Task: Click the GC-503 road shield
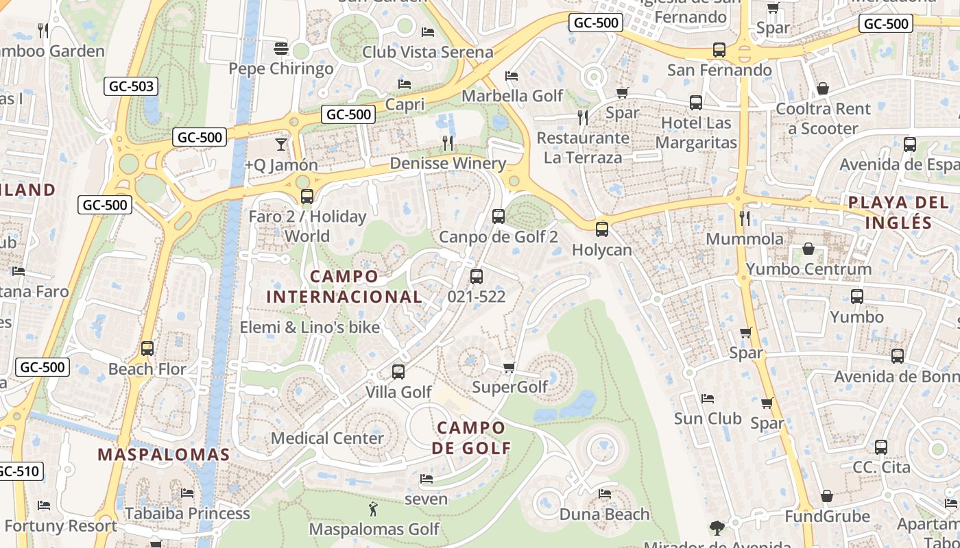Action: click(131, 86)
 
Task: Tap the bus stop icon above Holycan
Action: click(601, 229)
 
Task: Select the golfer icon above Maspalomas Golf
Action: click(373, 509)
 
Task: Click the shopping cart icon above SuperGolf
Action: click(509, 368)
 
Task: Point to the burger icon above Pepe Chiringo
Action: click(280, 48)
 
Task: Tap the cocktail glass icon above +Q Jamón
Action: click(280, 144)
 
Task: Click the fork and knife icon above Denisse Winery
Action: click(447, 142)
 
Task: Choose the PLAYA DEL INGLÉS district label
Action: click(898, 212)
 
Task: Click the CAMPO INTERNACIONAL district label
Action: click(344, 286)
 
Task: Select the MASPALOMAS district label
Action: click(163, 454)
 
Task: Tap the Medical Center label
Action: click(327, 438)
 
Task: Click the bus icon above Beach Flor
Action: click(147, 348)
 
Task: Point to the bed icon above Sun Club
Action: click(708, 398)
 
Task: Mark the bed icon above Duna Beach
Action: click(604, 493)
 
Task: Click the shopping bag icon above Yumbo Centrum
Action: click(808, 249)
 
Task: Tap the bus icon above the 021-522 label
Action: click(476, 277)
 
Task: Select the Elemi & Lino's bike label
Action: click(309, 327)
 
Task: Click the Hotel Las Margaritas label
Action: click(696, 133)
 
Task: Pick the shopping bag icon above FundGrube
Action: click(826, 495)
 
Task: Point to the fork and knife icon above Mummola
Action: click(744, 218)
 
